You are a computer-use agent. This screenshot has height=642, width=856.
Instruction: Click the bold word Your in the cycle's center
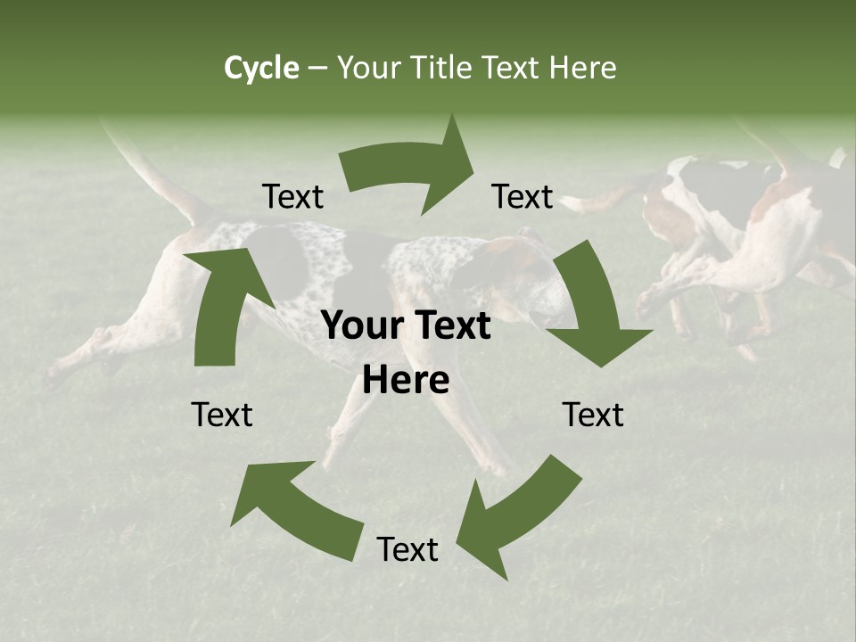click(359, 326)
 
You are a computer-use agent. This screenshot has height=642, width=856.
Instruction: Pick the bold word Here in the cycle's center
click(406, 381)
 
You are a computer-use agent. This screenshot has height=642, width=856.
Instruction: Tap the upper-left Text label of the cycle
click(292, 196)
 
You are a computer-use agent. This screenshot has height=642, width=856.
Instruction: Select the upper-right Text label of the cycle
click(523, 196)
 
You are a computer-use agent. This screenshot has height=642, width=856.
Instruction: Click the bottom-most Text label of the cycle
click(407, 550)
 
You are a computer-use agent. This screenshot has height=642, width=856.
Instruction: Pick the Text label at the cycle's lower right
click(593, 415)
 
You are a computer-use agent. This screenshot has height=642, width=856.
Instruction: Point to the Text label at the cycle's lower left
click(222, 415)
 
